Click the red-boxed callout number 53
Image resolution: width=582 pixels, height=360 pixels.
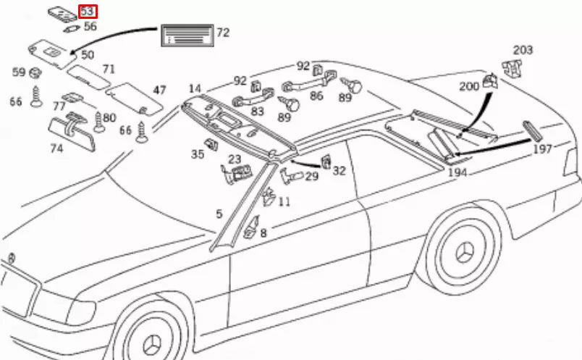tap(87, 12)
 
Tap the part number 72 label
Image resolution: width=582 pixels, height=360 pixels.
tap(223, 33)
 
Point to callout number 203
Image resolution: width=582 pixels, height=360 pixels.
tap(523, 50)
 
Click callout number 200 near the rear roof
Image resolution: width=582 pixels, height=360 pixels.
tap(469, 87)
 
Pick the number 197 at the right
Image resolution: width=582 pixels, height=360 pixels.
tap(542, 148)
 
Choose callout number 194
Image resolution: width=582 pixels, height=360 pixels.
tap(457, 173)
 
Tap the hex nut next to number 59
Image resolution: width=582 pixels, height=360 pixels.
tap(35, 72)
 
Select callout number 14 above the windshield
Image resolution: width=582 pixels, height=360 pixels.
tap(195, 89)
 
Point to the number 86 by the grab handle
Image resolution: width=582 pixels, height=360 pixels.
tap(316, 94)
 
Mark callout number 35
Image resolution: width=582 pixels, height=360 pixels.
tap(198, 154)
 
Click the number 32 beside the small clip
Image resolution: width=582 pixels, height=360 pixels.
tap(339, 170)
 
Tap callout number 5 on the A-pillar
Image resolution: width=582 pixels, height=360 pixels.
tap(219, 214)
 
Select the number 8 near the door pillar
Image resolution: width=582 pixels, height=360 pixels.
tap(263, 233)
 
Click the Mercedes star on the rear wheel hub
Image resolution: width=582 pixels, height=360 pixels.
tap(464, 253)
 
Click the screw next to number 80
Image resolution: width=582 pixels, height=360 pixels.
tap(99, 121)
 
